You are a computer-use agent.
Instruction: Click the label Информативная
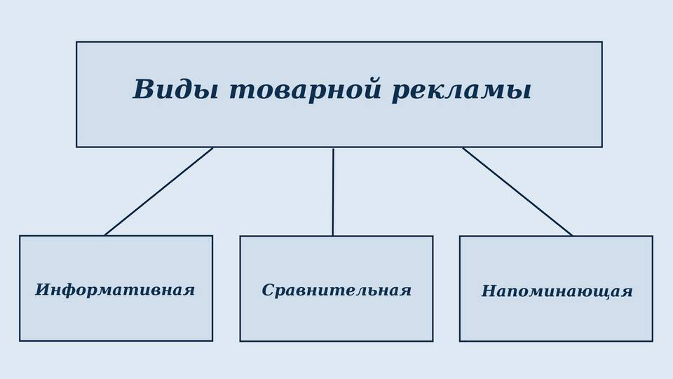(x=115, y=290)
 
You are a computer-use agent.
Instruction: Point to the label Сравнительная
(x=336, y=291)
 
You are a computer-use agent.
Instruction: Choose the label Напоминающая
(x=557, y=291)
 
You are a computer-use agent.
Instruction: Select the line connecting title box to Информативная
(x=159, y=192)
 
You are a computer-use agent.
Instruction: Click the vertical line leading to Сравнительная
(x=333, y=192)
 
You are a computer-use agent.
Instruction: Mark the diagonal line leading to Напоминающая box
(x=517, y=192)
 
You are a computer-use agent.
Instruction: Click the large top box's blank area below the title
(x=339, y=127)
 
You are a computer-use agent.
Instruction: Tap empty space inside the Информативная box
(x=116, y=320)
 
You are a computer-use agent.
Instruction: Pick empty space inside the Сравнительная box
(x=336, y=320)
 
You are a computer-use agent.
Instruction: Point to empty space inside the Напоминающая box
(x=556, y=320)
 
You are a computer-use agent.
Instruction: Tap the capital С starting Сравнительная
(x=268, y=290)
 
